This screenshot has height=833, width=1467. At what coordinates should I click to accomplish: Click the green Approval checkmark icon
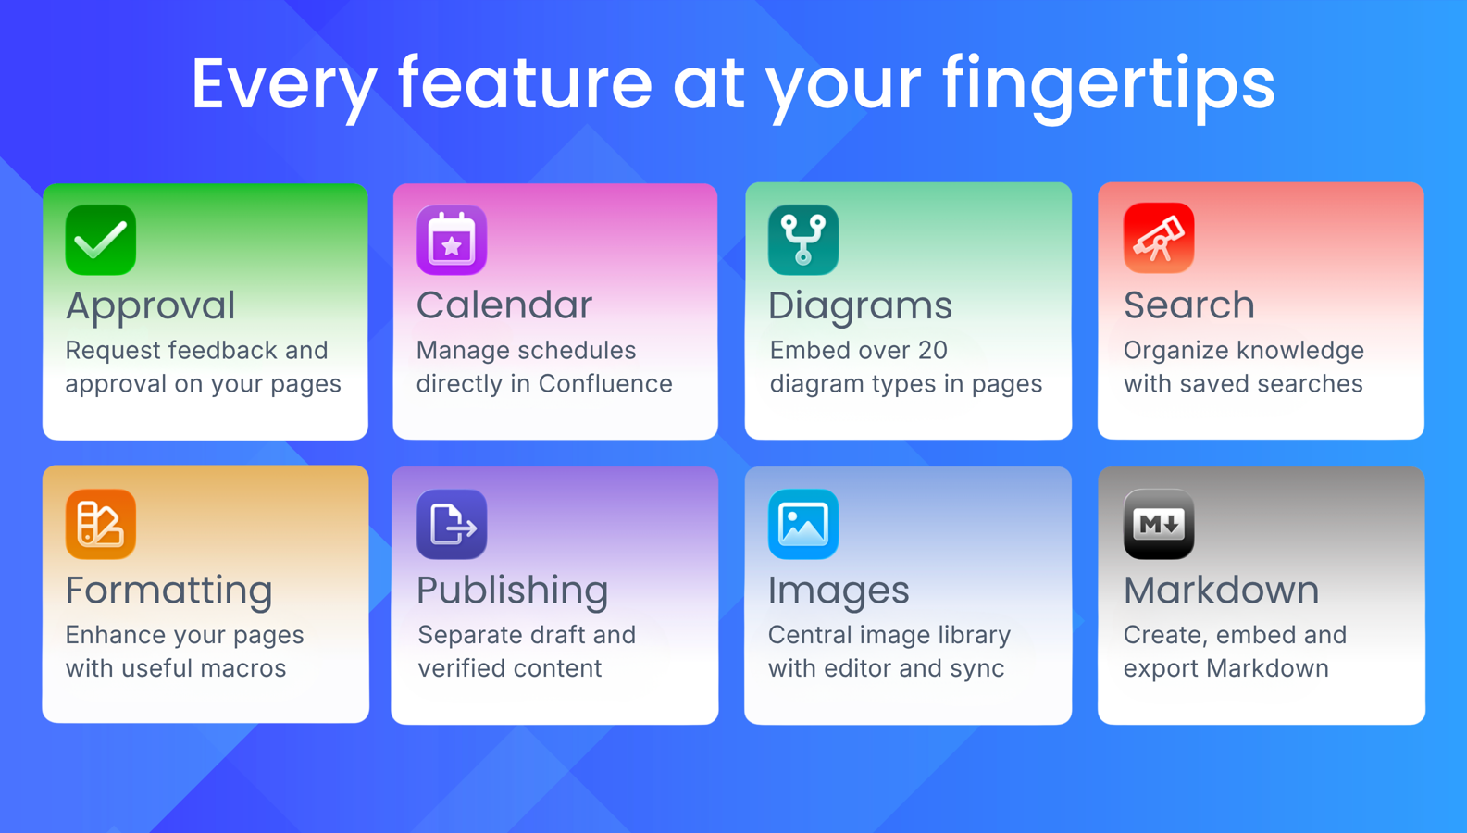click(x=101, y=241)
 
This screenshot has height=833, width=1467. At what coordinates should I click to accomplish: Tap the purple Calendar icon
click(x=452, y=241)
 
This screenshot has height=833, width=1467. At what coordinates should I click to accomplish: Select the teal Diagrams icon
click(x=803, y=241)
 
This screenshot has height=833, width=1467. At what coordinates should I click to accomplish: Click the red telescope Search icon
click(x=1159, y=239)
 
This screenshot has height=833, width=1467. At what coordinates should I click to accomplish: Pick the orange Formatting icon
click(x=101, y=524)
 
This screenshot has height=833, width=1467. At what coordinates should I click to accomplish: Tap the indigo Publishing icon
click(x=452, y=524)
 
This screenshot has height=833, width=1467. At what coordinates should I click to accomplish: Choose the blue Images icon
click(x=803, y=524)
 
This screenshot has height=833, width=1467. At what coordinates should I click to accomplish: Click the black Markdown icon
click(x=1159, y=524)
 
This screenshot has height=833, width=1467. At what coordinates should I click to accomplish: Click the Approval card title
click(x=151, y=306)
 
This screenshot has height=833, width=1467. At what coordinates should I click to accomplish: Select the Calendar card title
click(x=504, y=305)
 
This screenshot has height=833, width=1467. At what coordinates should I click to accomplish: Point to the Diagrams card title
click(x=860, y=306)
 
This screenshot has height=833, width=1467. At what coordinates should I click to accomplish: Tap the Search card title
click(x=1189, y=305)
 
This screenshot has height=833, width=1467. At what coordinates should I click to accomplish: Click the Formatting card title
click(x=169, y=591)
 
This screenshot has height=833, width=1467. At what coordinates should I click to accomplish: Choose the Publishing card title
click(x=512, y=591)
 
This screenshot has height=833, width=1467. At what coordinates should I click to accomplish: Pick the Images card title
click(x=839, y=591)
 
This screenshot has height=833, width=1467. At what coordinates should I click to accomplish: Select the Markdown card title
click(x=1222, y=591)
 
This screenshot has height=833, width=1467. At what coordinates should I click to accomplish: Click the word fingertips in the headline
click(x=1109, y=84)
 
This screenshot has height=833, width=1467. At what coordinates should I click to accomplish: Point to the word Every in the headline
click(x=283, y=84)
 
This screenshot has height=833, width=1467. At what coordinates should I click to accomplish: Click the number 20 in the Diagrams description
click(x=932, y=351)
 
